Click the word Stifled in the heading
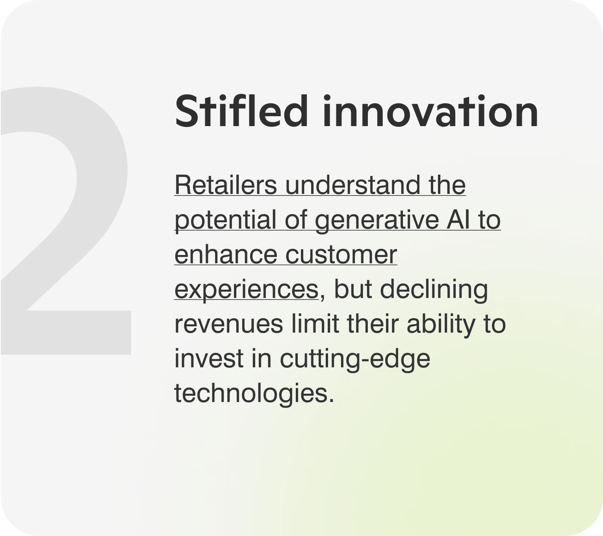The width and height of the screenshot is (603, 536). (241, 111)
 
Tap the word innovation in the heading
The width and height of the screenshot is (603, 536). (430, 111)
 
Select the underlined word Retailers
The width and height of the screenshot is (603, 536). (226, 185)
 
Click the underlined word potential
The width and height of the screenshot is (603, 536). (226, 220)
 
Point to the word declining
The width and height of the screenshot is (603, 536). (434, 289)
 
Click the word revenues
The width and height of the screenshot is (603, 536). (228, 324)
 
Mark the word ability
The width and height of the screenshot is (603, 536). (441, 324)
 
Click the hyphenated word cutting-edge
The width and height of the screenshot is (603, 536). (355, 359)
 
